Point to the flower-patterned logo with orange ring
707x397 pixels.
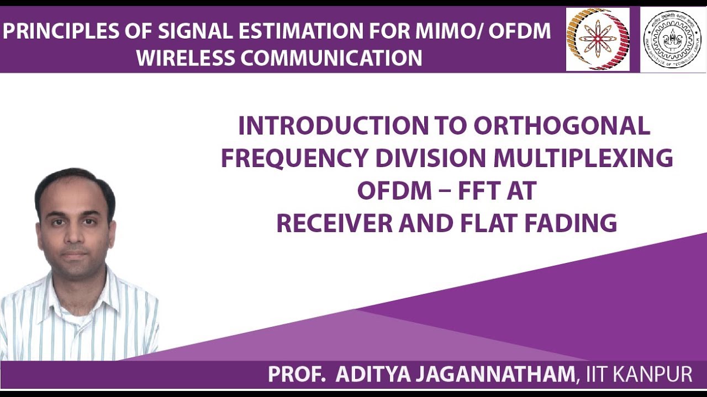[598, 39]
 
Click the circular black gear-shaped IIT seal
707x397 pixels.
[672, 40]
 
